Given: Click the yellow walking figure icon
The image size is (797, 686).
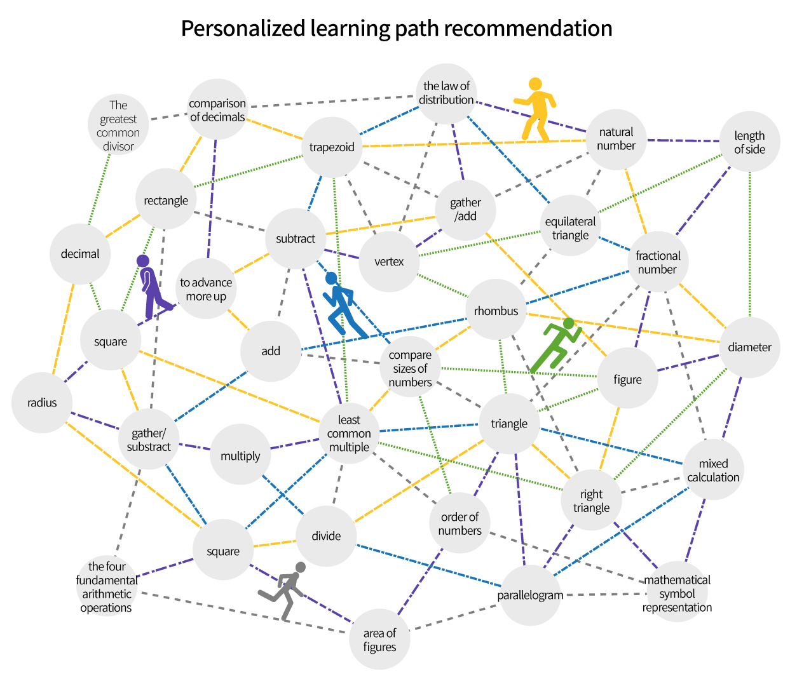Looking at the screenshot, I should (536, 109).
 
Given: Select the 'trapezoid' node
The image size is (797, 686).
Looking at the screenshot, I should (332, 147).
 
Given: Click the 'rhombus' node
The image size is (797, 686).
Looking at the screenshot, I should (496, 311).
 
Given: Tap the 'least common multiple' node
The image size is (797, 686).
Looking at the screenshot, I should (349, 433).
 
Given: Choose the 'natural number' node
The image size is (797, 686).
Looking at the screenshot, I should (616, 139).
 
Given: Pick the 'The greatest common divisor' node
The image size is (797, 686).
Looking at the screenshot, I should (118, 126).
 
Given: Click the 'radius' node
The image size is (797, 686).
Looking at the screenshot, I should (42, 403).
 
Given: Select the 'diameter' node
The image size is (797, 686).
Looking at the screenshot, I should (749, 347).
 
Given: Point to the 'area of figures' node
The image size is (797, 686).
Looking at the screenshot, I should (379, 640).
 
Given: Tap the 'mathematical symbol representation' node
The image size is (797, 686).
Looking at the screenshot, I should (677, 593).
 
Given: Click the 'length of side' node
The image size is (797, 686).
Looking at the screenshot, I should (749, 142).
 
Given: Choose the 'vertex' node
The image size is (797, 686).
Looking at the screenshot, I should (389, 262).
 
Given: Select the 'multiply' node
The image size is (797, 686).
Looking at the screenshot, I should (240, 455).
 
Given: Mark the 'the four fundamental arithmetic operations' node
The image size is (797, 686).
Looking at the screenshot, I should (107, 587).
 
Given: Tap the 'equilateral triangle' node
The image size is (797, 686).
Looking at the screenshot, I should (570, 228).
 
